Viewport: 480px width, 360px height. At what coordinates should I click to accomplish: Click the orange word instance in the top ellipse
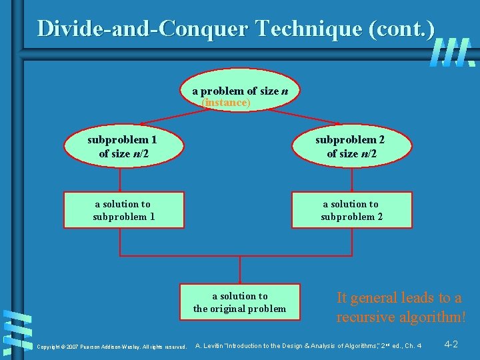(x=227, y=103)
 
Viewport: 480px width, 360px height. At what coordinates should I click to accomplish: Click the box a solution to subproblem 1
(x=123, y=210)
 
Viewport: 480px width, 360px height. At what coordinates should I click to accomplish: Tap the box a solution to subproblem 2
(x=351, y=210)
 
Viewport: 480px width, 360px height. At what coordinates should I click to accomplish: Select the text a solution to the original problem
(x=239, y=302)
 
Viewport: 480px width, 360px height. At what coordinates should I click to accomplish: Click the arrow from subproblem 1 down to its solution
(x=121, y=179)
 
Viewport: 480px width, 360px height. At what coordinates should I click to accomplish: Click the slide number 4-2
(x=451, y=344)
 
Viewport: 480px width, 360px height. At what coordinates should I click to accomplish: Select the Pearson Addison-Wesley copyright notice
(x=111, y=347)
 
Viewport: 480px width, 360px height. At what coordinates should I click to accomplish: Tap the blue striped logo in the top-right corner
(x=453, y=53)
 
